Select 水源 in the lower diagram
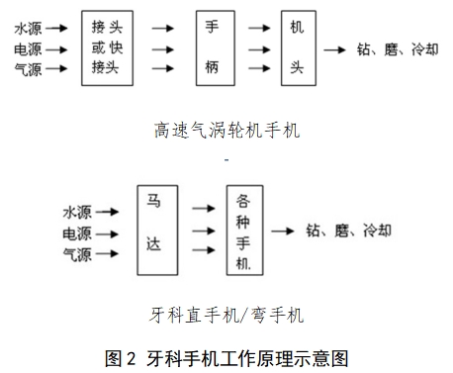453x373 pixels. (x=76, y=212)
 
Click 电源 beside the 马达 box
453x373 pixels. (x=76, y=233)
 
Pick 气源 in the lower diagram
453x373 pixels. (x=76, y=255)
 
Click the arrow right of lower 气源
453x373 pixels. (x=111, y=255)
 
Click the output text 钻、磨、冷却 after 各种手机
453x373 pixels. (x=349, y=231)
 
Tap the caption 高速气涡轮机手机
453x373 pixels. (x=226, y=129)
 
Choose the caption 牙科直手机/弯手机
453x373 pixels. (x=226, y=317)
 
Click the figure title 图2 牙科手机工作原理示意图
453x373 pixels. (x=226, y=357)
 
